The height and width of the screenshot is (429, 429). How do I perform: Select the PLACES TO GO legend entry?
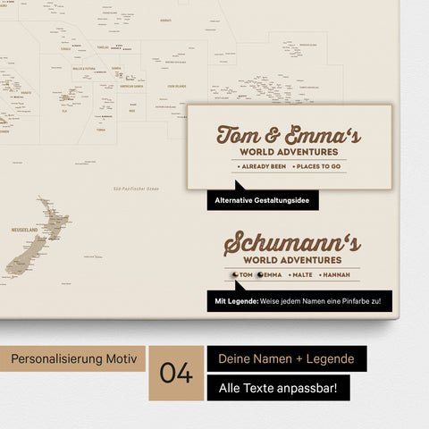(x=315, y=167)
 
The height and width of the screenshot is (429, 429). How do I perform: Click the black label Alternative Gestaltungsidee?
(x=263, y=201)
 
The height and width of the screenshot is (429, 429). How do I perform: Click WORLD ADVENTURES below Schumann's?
(x=291, y=260)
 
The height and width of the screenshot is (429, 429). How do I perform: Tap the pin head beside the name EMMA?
(x=260, y=275)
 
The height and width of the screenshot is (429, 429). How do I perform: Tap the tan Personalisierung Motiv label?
(x=74, y=358)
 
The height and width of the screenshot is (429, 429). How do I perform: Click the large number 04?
(x=177, y=373)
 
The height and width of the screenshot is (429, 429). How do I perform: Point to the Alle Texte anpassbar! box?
(x=278, y=388)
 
